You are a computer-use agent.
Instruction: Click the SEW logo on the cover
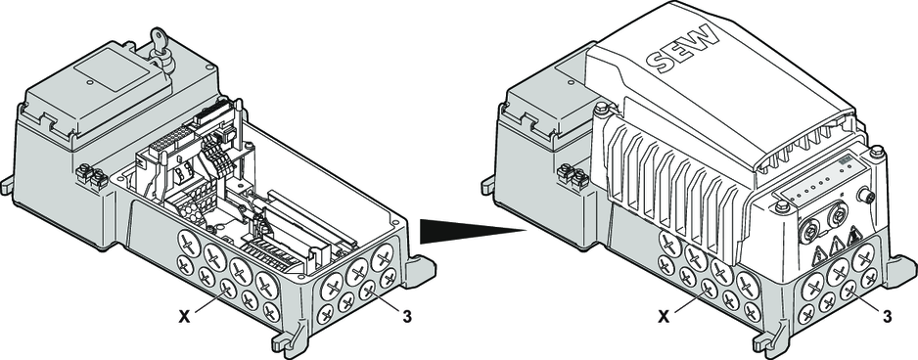(x=684, y=50)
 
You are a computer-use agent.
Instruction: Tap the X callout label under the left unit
(x=184, y=317)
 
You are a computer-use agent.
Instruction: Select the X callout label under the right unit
(x=664, y=317)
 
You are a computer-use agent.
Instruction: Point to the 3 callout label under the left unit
(x=407, y=317)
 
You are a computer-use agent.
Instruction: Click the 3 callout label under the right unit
(x=887, y=317)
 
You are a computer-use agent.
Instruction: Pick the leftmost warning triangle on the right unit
(x=818, y=255)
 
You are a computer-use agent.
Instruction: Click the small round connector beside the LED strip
(x=865, y=196)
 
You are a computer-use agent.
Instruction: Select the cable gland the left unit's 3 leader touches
(x=368, y=290)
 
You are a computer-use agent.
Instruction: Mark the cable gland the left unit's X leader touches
(x=228, y=289)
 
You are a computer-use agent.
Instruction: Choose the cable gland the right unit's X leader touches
(x=708, y=288)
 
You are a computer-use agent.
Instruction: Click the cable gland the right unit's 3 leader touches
(x=849, y=291)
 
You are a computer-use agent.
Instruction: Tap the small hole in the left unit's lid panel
(x=90, y=82)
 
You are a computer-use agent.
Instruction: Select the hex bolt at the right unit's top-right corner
(x=876, y=153)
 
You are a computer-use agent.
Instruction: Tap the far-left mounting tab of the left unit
(x=6, y=186)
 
